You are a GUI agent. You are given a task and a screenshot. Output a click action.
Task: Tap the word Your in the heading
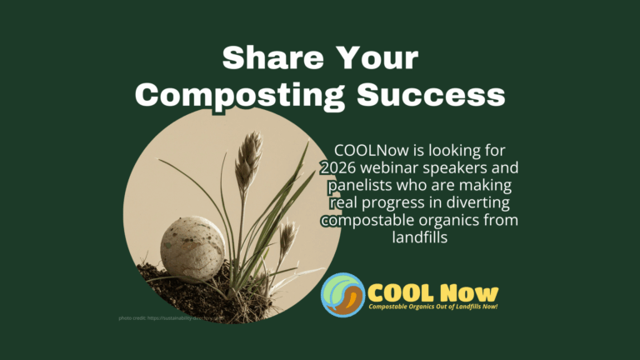point(377,59)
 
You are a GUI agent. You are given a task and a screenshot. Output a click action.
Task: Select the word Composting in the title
point(240,94)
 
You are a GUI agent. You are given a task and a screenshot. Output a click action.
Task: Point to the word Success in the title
point(431,94)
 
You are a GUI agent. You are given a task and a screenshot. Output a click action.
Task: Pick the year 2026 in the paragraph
point(338,167)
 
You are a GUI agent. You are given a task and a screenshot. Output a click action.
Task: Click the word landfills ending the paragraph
point(418,237)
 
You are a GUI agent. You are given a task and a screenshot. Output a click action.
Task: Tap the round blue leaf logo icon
point(342,295)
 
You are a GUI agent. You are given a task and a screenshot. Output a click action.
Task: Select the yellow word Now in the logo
point(469,292)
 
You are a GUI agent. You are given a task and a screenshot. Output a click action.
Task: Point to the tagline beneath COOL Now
point(433,308)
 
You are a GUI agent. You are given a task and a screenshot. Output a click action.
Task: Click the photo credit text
point(167,317)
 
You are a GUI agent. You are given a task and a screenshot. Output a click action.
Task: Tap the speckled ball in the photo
point(192,248)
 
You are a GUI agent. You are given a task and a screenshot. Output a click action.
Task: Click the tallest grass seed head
point(247,158)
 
